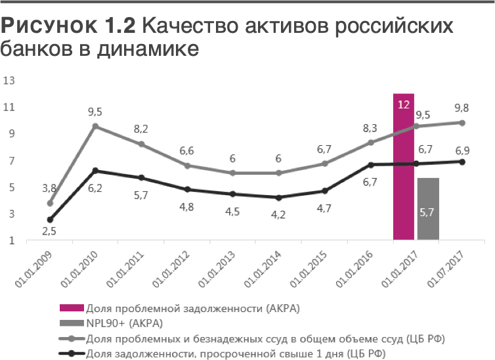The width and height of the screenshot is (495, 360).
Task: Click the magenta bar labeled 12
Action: (x=404, y=168)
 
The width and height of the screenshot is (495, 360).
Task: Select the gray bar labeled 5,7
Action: (x=428, y=209)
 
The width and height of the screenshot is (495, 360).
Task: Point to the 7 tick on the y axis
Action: (x=11, y=161)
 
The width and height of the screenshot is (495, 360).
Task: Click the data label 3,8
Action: (x=49, y=188)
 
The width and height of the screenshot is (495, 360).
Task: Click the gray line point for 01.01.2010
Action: (x=95, y=126)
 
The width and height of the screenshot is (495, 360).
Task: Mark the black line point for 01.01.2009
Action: (x=50, y=220)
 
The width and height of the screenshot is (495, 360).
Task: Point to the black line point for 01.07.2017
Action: (x=462, y=162)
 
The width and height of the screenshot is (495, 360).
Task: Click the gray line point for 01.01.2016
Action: (x=371, y=143)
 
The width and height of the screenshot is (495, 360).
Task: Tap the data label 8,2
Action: (x=141, y=129)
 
